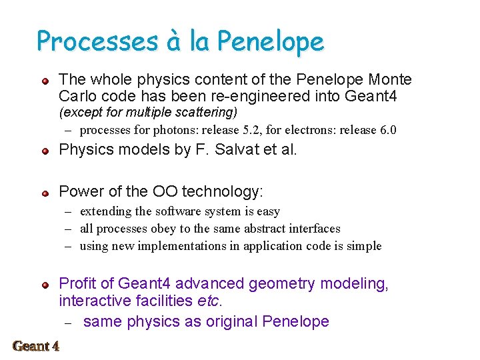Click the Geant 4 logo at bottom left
(36, 346)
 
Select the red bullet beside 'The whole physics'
(45, 81)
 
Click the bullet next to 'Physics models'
(45, 151)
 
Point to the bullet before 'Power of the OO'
(45, 193)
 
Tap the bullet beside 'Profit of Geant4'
(45, 285)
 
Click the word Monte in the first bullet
(389, 80)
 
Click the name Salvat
(239, 150)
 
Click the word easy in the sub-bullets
(267, 211)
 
